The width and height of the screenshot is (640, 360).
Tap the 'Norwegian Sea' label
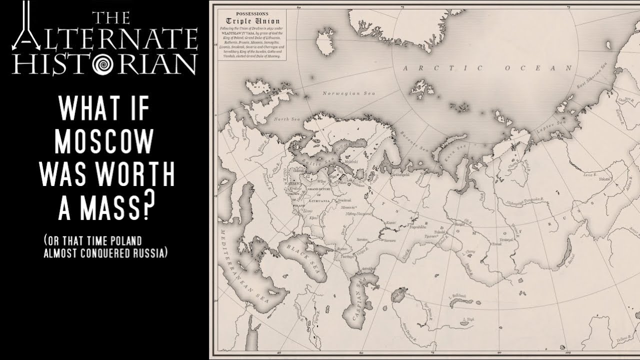(x=341, y=93)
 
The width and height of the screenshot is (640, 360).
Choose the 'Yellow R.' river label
(x=623, y=340)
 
